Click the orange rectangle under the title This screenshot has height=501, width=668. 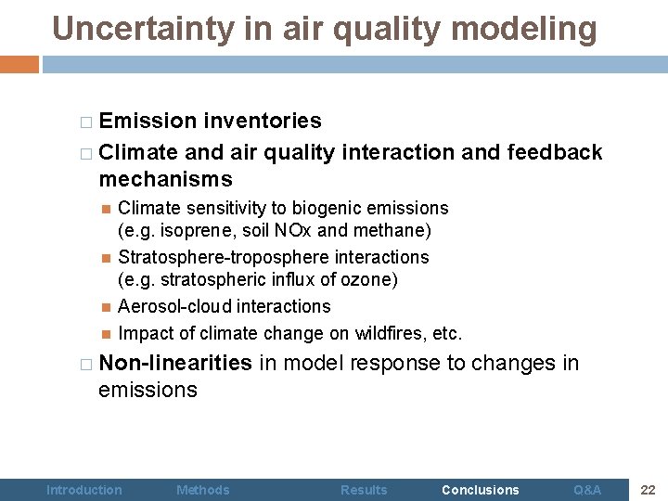click(x=19, y=65)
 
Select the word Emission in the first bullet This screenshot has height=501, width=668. click(x=148, y=121)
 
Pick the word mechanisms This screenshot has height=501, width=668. click(x=165, y=178)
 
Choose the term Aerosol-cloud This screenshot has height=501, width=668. click(x=173, y=306)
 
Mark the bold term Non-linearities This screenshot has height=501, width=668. click(x=175, y=363)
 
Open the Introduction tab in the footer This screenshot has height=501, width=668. click(x=83, y=490)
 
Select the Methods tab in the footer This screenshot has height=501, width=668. click(x=202, y=490)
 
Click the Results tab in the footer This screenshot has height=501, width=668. click(x=364, y=490)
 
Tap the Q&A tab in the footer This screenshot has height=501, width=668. click(x=587, y=490)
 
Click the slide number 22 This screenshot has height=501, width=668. click(x=648, y=490)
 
